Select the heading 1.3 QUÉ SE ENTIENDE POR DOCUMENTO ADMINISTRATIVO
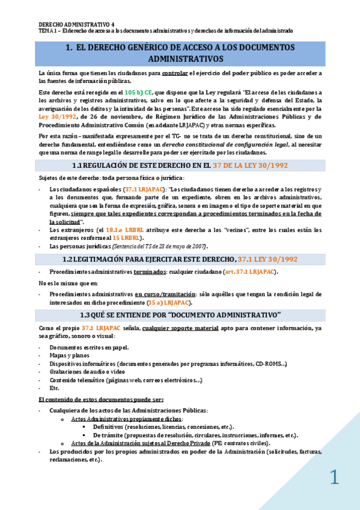click(180, 315)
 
